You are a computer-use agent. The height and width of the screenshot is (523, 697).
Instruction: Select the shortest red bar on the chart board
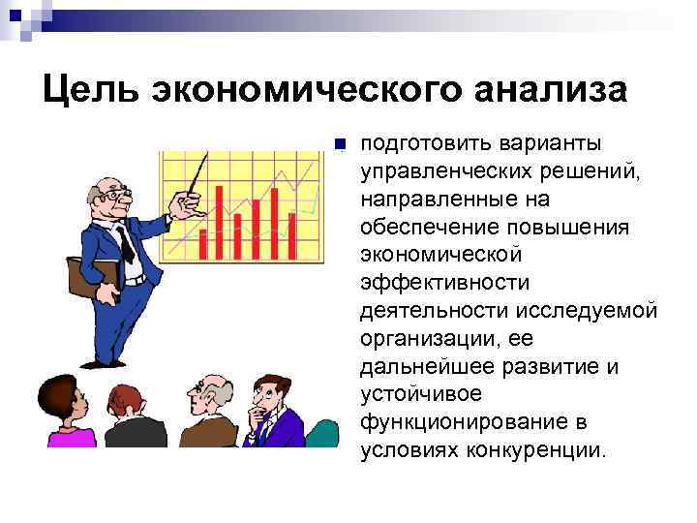click(202, 245)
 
